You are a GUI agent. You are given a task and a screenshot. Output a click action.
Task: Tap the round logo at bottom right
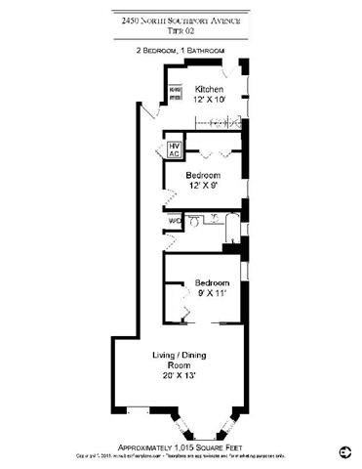click(344, 450)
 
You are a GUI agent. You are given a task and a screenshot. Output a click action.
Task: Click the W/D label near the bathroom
click(174, 221)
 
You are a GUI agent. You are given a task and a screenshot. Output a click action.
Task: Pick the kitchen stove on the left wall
click(175, 94)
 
